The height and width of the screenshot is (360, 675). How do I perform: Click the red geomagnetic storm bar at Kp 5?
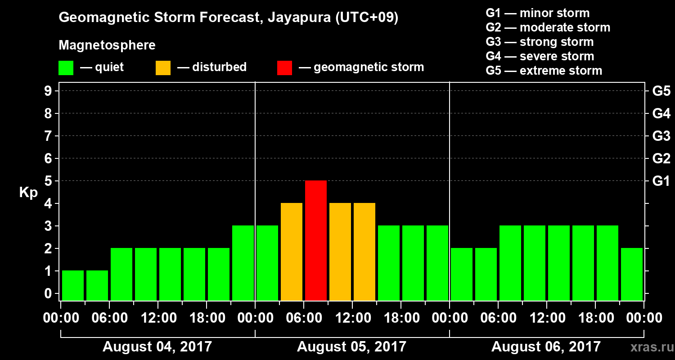pos(316,240)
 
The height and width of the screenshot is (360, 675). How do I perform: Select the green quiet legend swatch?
pos(66,68)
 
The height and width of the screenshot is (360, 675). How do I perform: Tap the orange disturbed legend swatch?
pos(163,68)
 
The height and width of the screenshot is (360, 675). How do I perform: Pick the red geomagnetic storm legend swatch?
pos(284,68)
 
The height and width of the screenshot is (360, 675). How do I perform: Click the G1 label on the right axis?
pos(661,181)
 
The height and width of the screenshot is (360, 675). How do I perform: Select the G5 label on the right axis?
pos(661,91)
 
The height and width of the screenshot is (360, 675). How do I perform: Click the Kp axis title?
pos(28,193)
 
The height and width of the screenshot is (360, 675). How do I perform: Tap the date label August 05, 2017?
pos(351,346)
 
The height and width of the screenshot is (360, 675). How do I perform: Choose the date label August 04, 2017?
pos(157,346)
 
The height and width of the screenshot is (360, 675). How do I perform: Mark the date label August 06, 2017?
pos(546,346)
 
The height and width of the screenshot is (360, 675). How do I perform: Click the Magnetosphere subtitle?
pos(107,45)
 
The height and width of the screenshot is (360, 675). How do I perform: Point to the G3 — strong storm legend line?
pos(540,42)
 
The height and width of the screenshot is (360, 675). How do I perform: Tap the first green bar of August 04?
pos(73,285)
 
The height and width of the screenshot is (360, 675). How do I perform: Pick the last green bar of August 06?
pos(632,274)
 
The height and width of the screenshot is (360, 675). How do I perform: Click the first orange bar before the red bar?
pos(292,252)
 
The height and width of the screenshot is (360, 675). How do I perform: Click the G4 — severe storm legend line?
pos(540,56)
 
